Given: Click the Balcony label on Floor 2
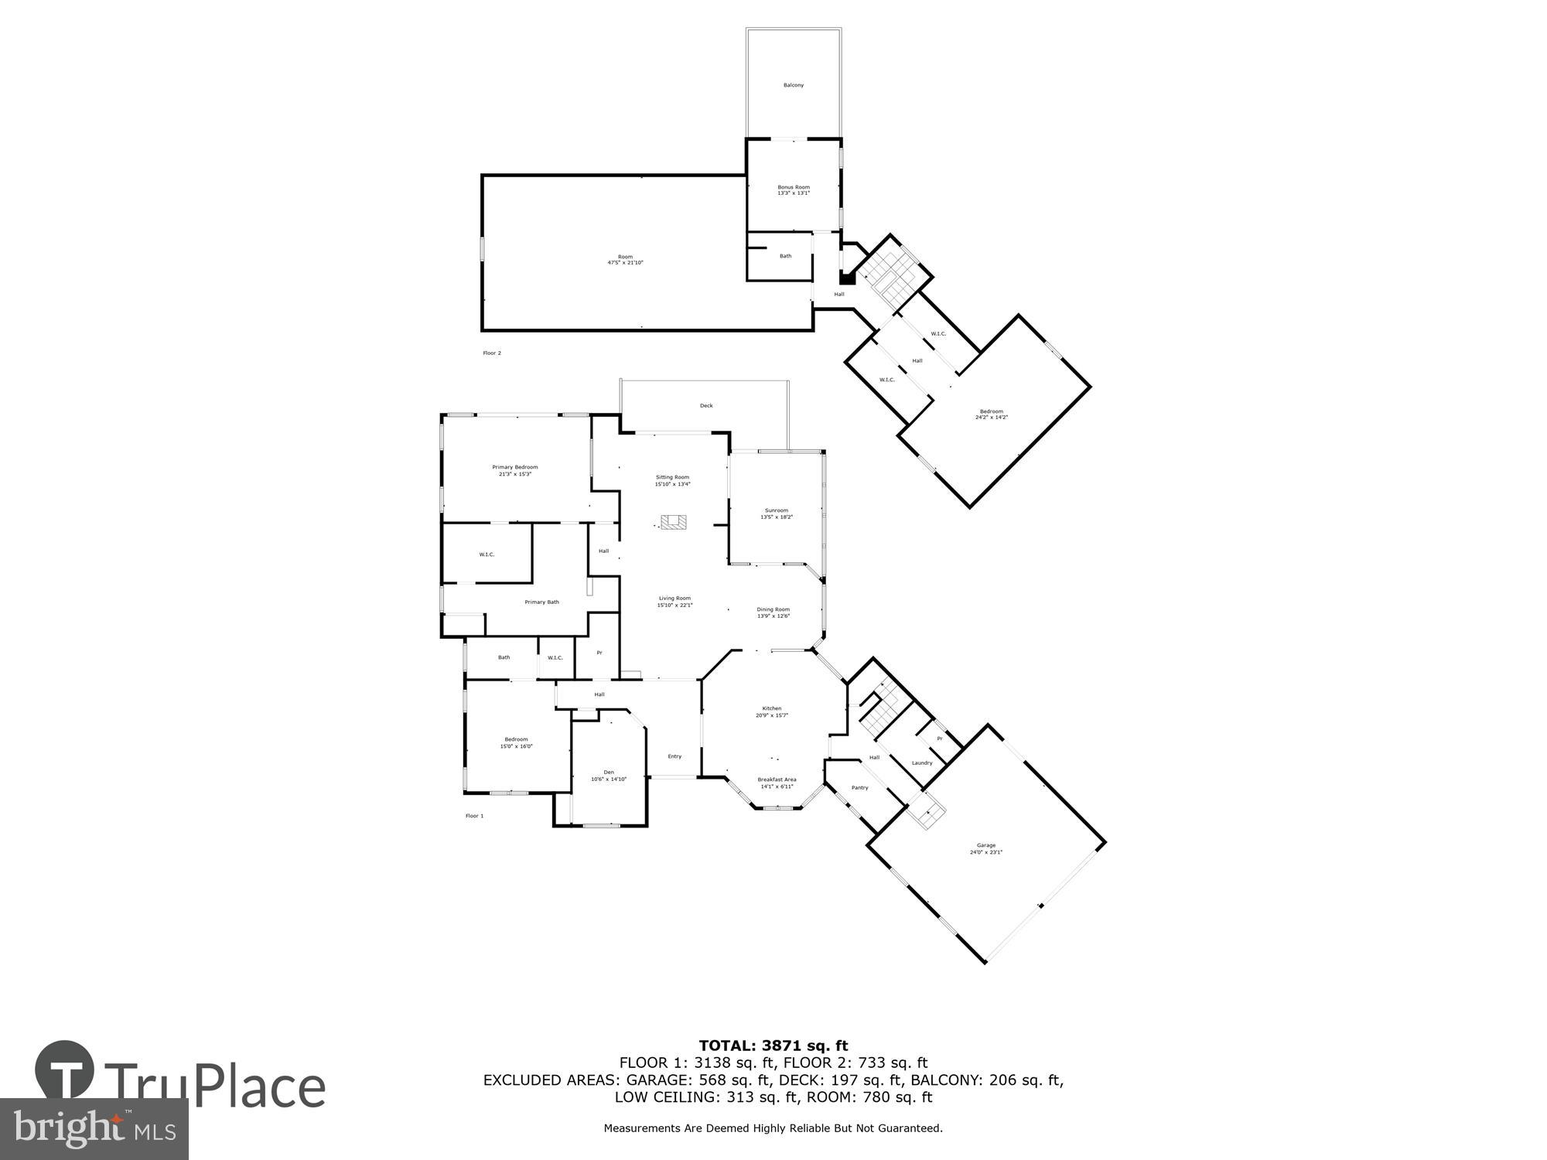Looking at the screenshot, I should tap(793, 85).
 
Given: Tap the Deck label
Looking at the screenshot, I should tap(705, 405).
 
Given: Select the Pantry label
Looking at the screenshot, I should tap(859, 787).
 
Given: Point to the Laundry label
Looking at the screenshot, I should tap(921, 763).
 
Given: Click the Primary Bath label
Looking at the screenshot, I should tap(541, 602).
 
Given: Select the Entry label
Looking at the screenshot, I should tap(674, 756).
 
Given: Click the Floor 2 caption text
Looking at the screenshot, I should tap(492, 353).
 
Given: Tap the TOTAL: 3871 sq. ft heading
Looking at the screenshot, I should tap(773, 1046).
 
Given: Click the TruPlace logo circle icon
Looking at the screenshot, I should tap(65, 1070).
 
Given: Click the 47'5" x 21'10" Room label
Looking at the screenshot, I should tap(625, 260).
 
